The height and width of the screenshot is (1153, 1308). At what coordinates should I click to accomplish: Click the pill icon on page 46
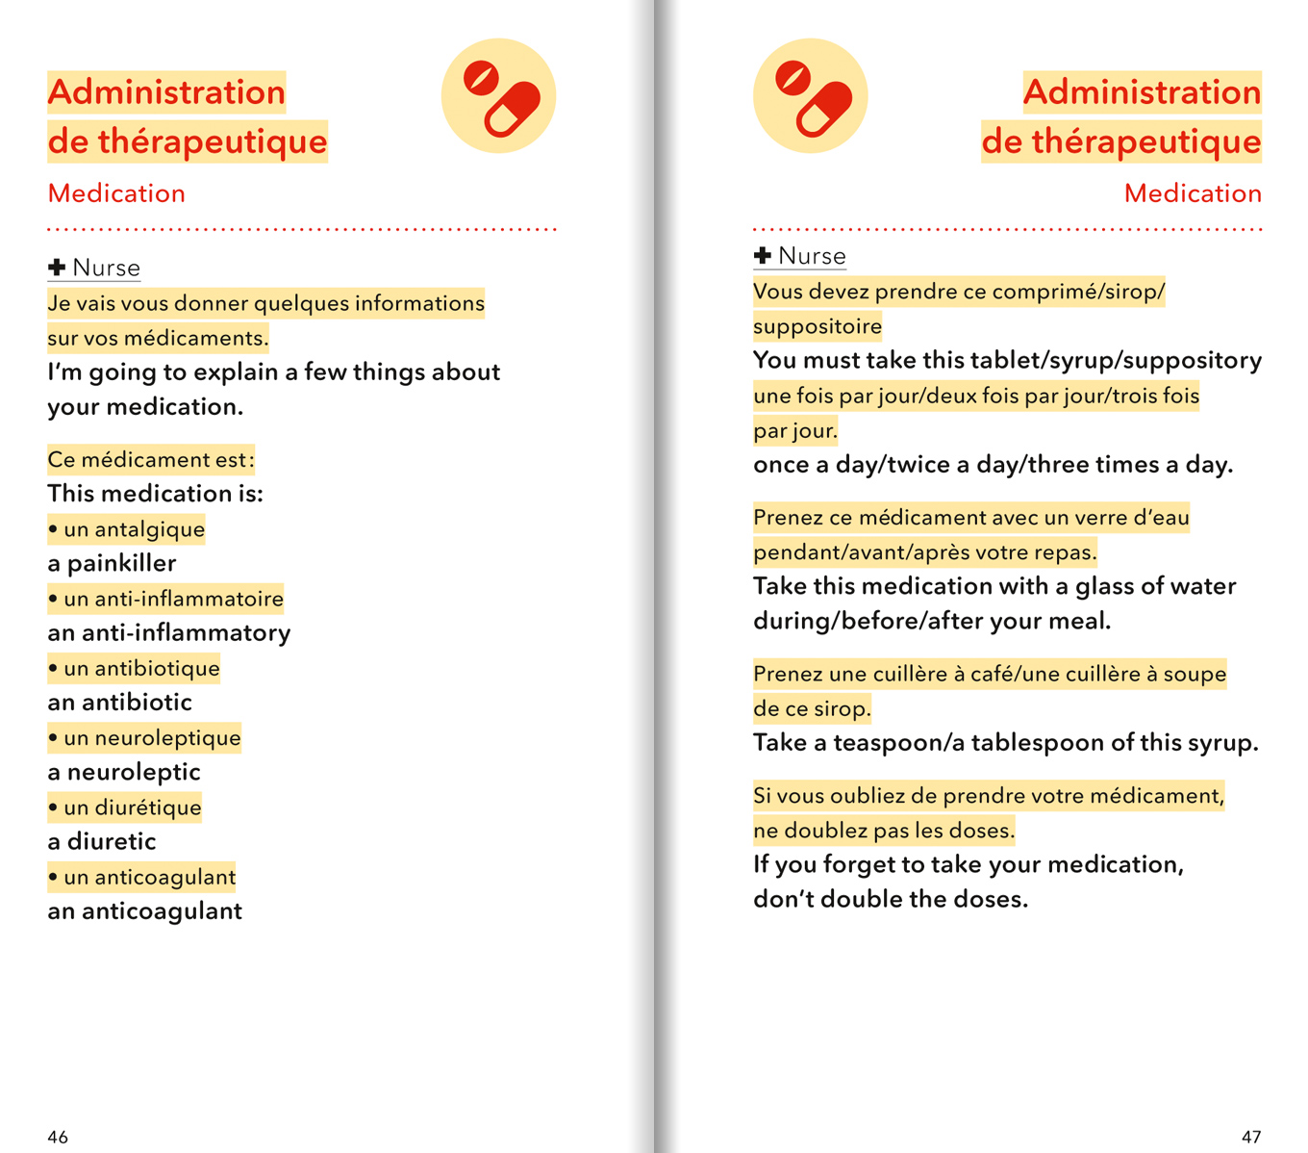point(498,96)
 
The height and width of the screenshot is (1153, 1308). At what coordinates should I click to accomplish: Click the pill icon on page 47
point(810,96)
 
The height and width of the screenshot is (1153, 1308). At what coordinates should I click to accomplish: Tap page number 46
point(58,1137)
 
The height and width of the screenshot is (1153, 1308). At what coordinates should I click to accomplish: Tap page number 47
point(1250,1137)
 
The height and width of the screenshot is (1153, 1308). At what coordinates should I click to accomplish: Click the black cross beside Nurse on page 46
point(57,267)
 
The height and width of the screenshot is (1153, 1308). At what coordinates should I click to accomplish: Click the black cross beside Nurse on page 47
point(763,255)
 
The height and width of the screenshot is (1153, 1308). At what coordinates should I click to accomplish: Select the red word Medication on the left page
point(116,193)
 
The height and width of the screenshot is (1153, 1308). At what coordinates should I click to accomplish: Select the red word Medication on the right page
point(1193,193)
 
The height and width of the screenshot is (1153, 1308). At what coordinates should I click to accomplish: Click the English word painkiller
point(122,563)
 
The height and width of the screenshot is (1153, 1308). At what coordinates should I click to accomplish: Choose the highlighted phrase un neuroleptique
point(152,738)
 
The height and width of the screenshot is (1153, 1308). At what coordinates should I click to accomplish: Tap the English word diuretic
point(112,841)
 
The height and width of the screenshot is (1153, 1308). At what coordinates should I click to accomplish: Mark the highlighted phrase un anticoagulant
point(149,877)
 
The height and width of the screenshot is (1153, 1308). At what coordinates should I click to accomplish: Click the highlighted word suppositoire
point(817,326)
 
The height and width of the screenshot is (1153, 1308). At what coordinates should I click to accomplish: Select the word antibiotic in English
point(137,702)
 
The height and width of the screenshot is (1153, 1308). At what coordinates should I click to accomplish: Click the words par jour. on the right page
point(795,430)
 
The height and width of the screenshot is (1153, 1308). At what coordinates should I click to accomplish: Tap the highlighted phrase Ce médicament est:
point(151,459)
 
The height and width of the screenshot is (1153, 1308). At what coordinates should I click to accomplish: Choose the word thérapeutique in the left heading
point(213,141)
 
